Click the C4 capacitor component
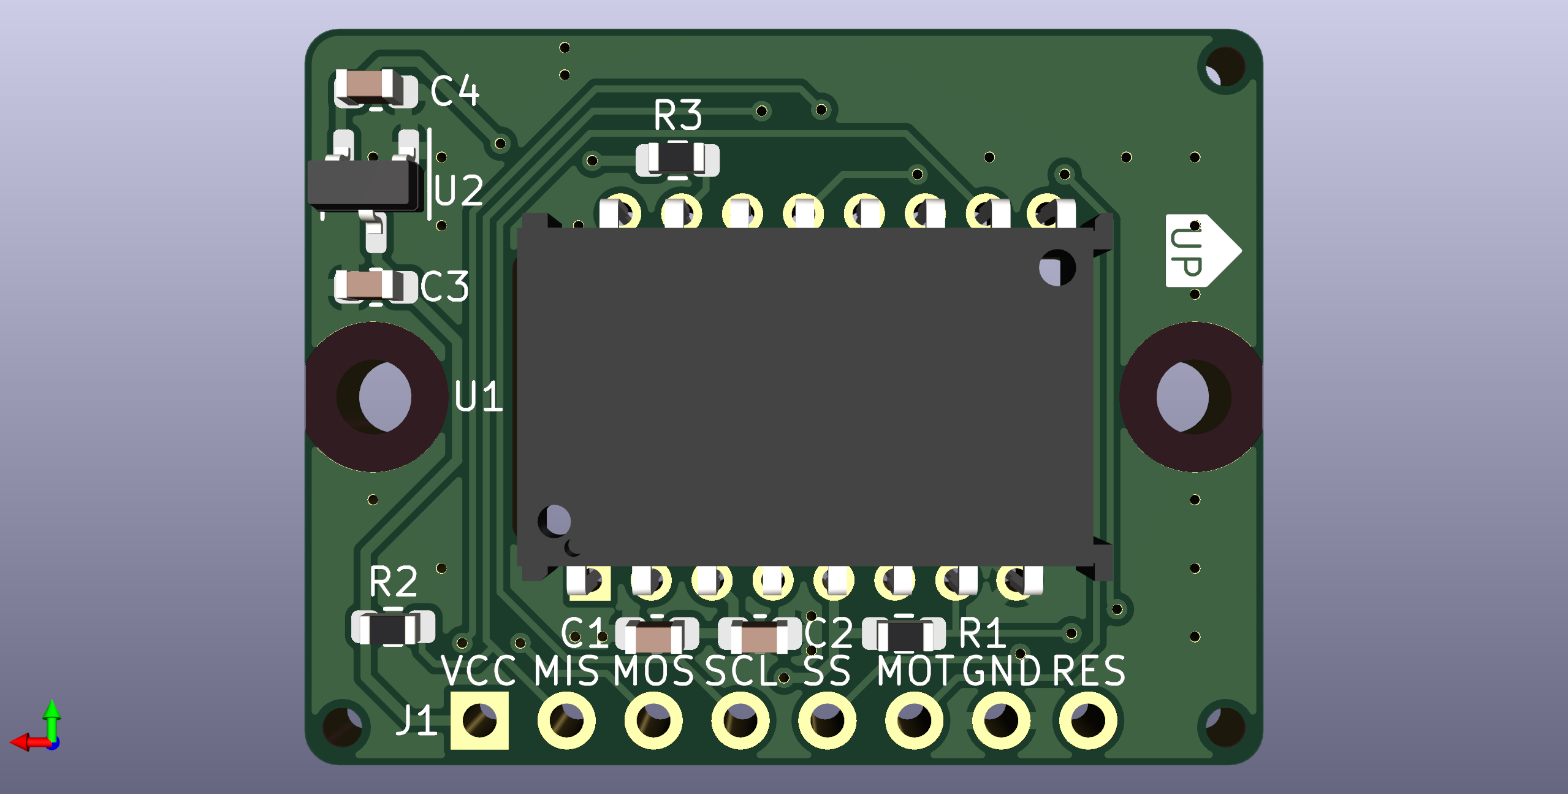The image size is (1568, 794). point(375,89)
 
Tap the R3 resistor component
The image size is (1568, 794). point(677,159)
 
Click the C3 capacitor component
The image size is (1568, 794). point(375,285)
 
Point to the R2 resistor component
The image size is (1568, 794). point(393,627)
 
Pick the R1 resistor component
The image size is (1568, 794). point(904,634)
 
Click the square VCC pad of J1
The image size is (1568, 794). point(479,720)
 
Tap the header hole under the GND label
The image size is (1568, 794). point(1001,720)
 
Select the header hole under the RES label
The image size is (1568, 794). point(1088,720)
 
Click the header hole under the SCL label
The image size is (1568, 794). point(740,720)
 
